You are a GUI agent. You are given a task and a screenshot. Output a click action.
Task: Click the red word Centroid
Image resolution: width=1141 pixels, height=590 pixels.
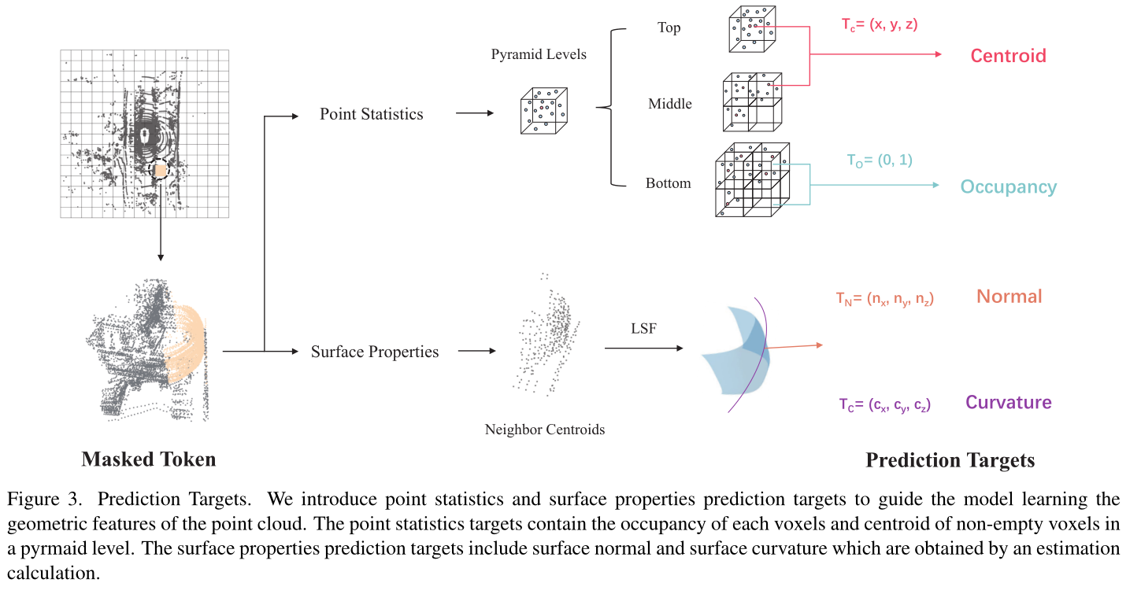click(x=1008, y=56)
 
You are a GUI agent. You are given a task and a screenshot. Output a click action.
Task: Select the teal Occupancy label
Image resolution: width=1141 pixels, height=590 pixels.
click(x=1008, y=187)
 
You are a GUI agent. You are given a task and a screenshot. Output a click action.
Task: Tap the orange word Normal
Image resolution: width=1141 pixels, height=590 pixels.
click(x=1009, y=297)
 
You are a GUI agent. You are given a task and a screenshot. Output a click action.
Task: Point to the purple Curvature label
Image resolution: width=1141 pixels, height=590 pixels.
click(x=1008, y=403)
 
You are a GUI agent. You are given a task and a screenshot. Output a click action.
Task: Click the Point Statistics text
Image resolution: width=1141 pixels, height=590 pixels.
click(x=371, y=114)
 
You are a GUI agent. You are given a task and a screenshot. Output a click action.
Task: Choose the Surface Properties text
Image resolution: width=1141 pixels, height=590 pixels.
click(x=375, y=352)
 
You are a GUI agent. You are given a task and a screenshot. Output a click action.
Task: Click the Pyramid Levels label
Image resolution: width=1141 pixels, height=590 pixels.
click(x=539, y=55)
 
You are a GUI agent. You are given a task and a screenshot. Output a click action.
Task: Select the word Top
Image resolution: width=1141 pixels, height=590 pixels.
click(x=669, y=28)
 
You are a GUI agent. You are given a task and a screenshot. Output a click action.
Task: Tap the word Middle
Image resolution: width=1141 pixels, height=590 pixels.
click(x=670, y=104)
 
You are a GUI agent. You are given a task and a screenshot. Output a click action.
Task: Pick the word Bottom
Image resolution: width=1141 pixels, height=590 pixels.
click(x=668, y=183)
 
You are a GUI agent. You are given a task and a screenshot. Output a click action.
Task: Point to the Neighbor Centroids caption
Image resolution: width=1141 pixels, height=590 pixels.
click(x=545, y=430)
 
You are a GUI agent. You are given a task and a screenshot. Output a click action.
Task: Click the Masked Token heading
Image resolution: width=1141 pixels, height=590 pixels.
click(x=148, y=459)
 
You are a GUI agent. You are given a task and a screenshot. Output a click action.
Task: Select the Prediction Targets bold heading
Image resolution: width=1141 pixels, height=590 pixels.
click(x=950, y=460)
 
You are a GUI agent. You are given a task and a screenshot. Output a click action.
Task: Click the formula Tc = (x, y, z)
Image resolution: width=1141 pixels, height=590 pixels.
click(x=879, y=24)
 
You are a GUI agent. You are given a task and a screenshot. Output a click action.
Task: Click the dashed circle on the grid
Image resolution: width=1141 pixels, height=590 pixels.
click(x=160, y=168)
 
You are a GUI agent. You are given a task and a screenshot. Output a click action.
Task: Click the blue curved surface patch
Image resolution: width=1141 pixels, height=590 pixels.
click(x=736, y=351)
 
